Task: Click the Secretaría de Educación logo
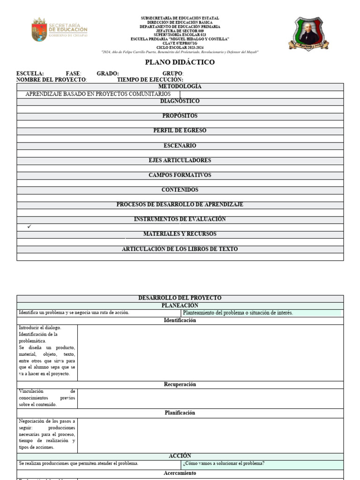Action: (59, 30)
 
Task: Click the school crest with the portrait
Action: (308, 33)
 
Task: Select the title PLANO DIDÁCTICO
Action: (180, 62)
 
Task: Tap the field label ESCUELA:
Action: (30, 74)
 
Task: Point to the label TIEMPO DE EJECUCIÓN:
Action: (150, 80)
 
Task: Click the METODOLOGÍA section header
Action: (180, 87)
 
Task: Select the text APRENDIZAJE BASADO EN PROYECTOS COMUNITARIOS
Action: (98, 94)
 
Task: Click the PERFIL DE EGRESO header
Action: (180, 131)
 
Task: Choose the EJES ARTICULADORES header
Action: (180, 160)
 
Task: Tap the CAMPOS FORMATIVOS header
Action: (180, 175)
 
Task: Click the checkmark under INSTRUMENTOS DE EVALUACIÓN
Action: (30, 227)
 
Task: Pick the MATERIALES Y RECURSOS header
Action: (180, 234)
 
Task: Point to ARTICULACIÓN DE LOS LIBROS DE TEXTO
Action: (180, 249)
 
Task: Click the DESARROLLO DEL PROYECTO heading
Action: (180, 298)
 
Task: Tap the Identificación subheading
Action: (180, 321)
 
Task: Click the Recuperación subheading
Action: (180, 384)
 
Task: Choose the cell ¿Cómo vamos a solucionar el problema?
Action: (224, 464)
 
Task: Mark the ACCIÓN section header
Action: (180, 456)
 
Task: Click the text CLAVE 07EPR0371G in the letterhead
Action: (180, 43)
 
